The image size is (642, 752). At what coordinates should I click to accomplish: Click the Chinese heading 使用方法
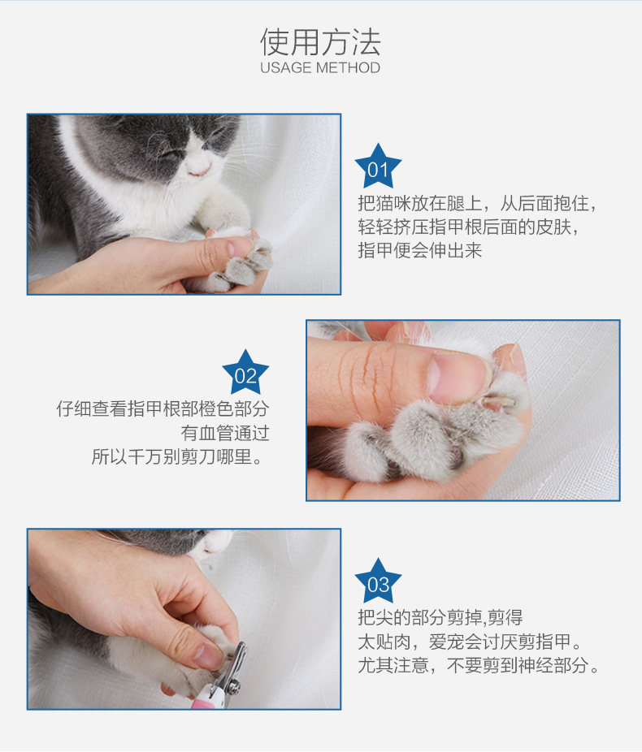point(320,41)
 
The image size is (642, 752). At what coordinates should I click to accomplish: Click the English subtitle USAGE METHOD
point(320,67)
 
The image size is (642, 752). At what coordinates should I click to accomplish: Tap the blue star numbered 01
point(378,166)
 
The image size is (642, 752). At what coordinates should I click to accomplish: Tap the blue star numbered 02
point(245,372)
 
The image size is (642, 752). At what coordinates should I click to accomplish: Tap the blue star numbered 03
point(378,581)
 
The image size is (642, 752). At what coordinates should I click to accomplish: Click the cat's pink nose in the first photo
point(199,169)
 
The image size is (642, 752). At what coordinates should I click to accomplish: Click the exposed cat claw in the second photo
point(499,402)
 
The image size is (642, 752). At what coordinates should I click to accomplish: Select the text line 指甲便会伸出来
point(420,250)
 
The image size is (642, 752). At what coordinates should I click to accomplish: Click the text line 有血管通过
point(224,433)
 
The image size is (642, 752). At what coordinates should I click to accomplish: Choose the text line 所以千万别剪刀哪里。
point(177,456)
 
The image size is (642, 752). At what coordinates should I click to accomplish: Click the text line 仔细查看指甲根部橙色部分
point(163,408)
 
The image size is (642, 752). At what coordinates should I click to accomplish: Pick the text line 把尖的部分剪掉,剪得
point(440,617)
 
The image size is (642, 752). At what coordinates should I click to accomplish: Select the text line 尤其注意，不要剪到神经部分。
point(479,665)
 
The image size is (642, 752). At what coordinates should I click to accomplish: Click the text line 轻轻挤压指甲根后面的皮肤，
point(469,227)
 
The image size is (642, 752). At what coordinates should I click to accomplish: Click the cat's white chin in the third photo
point(215,543)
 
